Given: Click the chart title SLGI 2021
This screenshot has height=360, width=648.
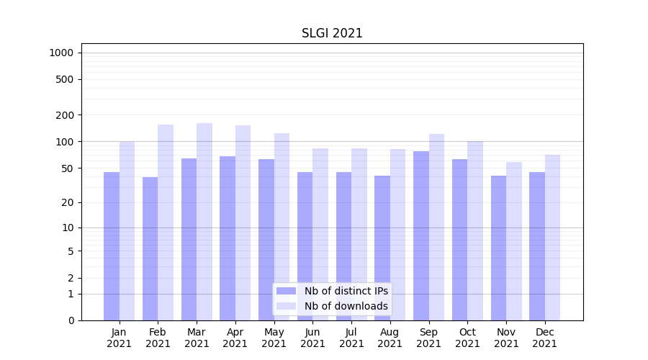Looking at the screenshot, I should (x=332, y=33).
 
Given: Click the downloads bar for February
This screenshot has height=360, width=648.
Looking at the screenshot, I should (x=166, y=222).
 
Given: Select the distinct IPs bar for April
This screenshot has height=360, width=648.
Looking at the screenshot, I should (x=228, y=238).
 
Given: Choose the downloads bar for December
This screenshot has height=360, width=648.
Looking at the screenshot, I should (x=553, y=238).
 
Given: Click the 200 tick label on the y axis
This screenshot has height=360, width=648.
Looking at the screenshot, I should (x=66, y=115).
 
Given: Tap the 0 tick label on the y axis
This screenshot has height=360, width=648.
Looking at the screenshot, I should (x=71, y=320).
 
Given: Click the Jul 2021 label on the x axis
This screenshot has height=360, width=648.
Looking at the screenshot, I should (x=351, y=338).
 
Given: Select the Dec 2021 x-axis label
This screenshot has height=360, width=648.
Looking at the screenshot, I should (x=544, y=338).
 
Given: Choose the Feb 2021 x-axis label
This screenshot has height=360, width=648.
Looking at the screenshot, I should (x=158, y=338).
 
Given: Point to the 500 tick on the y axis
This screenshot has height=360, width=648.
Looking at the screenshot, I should (x=66, y=79).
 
